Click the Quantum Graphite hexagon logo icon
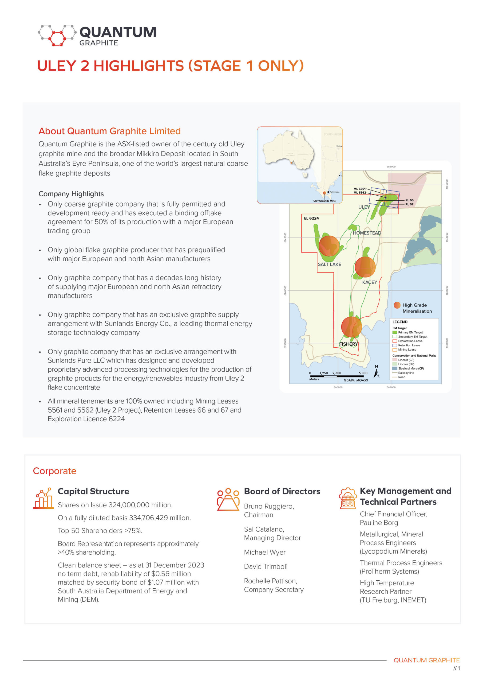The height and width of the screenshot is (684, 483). pos(57,36)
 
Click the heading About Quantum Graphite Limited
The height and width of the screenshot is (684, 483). pos(109,131)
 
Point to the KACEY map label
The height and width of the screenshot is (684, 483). pos(369,282)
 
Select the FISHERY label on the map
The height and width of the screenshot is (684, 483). pos(348,344)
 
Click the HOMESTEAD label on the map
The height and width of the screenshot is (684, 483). pos(367,233)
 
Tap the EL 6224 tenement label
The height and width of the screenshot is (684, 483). pos(311,218)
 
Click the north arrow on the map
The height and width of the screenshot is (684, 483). pos(377,372)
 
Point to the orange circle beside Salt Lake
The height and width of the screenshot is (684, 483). pos(329,246)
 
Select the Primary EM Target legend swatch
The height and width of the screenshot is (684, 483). pos(395,332)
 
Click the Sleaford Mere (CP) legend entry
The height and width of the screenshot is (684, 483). pos(411,368)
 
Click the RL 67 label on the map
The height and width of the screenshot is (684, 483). pos(409,204)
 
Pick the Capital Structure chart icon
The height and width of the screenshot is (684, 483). pos(43,498)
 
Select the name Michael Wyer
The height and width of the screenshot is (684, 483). pos(264,552)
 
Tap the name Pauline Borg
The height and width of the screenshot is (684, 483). pos(379,523)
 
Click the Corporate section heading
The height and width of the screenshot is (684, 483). pos(54,471)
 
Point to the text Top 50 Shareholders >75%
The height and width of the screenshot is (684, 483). pos(100,531)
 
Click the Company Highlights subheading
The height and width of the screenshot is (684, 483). pos(71,194)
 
